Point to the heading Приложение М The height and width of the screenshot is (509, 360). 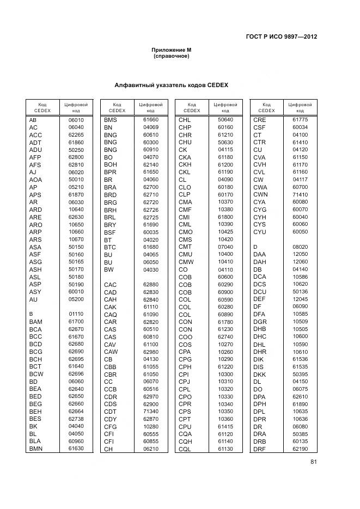click(171, 50)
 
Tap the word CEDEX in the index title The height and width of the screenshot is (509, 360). click(217, 85)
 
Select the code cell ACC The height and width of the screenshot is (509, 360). click(35, 134)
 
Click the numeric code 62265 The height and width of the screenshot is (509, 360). click(76, 134)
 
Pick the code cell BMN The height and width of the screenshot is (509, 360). click(36, 449)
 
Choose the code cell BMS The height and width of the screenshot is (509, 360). click(111, 120)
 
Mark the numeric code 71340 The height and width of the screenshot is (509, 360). click(151, 411)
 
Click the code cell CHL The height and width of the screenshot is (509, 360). click(185, 120)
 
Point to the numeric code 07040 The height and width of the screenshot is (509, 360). click(225, 247)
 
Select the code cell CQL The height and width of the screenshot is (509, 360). click(185, 449)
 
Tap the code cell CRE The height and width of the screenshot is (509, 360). click(259, 120)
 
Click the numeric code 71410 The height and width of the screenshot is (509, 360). click(300, 194)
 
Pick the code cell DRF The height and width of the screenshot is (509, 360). click(260, 449)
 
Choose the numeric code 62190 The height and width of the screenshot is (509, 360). click(300, 449)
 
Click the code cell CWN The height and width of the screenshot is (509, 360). click(260, 194)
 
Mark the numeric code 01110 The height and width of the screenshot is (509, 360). click(76, 314)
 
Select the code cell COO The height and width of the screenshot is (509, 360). click(185, 336)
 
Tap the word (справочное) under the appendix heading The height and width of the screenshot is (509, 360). click(171, 56)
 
